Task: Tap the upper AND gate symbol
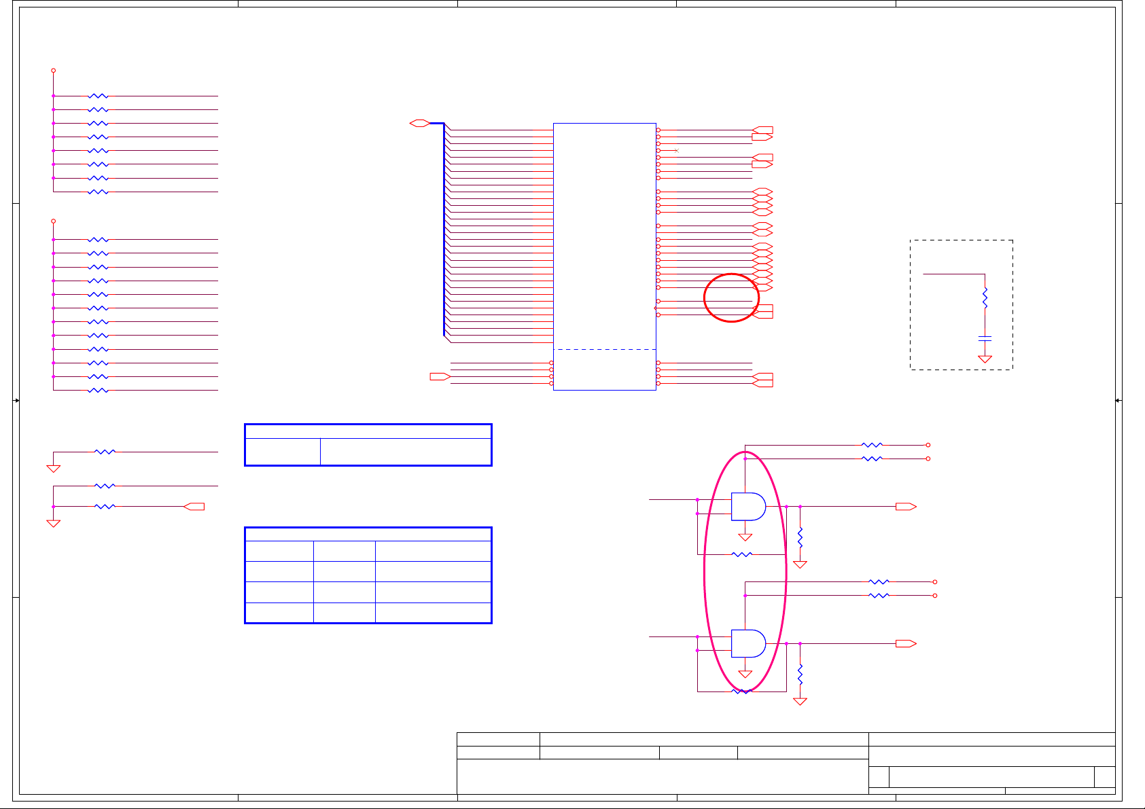(747, 507)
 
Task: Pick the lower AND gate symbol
(747, 643)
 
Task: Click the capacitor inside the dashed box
(985, 338)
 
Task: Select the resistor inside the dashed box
(985, 298)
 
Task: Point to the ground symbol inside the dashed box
(985, 359)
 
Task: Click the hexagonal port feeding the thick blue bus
(419, 123)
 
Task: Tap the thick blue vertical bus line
(444, 231)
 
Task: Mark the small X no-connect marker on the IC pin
(676, 150)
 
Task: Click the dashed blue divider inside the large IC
(605, 350)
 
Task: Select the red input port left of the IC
(440, 376)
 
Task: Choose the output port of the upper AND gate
(906, 507)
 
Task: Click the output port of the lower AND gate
(906, 643)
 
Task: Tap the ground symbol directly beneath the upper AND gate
(745, 537)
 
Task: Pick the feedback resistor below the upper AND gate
(742, 554)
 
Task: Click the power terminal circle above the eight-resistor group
(53, 71)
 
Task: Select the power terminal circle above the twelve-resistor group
(53, 221)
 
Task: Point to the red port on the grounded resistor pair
(194, 507)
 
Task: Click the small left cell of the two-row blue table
(283, 452)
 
